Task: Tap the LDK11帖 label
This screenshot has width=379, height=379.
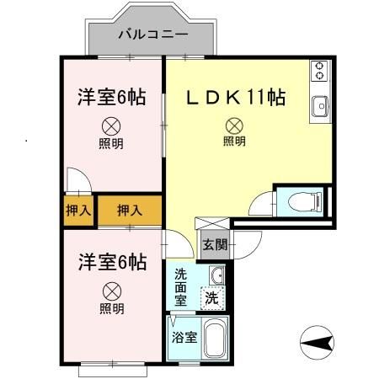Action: pyautogui.click(x=235, y=98)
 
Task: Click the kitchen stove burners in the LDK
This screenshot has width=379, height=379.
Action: pyautogui.click(x=320, y=72)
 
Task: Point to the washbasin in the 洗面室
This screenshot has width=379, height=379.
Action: pyautogui.click(x=216, y=275)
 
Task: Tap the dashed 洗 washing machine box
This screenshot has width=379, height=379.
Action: pyautogui.click(x=211, y=296)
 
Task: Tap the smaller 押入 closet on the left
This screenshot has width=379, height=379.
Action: pyautogui.click(x=78, y=209)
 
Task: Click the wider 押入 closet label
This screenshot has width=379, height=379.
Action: pyautogui.click(x=129, y=209)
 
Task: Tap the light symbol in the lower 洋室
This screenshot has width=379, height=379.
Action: pyautogui.click(x=112, y=291)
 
